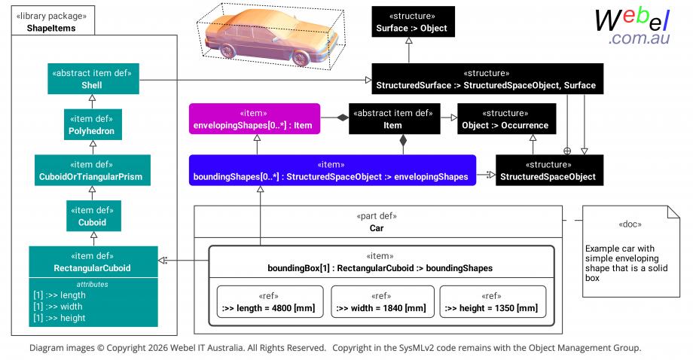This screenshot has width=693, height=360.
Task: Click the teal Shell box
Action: (x=93, y=78)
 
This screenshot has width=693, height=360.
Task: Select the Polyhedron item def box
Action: (x=93, y=124)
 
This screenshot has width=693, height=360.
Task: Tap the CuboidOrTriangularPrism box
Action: (x=93, y=170)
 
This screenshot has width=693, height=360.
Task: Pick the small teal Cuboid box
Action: (x=93, y=216)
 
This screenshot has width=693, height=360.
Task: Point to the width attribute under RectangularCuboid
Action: (x=58, y=307)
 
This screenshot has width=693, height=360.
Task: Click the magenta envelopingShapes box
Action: (x=255, y=119)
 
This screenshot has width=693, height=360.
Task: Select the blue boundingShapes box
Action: (x=332, y=170)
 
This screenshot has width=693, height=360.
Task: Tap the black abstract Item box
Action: (x=394, y=119)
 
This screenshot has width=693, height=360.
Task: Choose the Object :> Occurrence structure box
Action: (x=506, y=119)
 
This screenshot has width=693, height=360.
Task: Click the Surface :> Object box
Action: (x=413, y=22)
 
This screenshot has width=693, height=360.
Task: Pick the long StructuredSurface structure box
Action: (x=487, y=78)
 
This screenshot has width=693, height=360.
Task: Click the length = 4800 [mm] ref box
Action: (x=270, y=302)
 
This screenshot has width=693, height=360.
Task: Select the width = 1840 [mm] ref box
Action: (x=383, y=302)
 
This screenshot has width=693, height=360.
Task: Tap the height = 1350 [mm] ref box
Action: (x=493, y=302)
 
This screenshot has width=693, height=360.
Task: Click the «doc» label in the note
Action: (x=630, y=224)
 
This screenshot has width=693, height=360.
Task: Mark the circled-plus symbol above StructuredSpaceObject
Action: (x=567, y=151)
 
